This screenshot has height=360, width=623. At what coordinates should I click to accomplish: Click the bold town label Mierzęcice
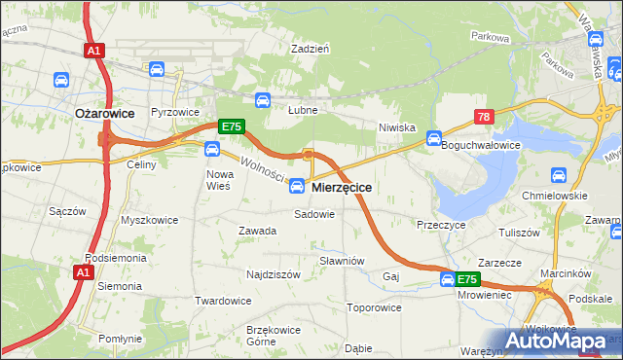340,187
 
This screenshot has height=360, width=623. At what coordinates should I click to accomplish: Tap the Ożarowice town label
105,113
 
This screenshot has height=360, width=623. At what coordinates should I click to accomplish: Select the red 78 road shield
484,117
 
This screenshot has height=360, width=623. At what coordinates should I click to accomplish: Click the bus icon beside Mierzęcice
298,186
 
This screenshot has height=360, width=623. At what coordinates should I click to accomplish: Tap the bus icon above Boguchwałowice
434,137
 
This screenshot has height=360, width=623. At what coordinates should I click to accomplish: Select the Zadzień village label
311,48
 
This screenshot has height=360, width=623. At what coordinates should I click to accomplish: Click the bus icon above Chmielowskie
559,175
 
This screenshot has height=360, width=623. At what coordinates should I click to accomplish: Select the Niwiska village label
397,127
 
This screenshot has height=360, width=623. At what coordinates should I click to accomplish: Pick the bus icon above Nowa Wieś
211,149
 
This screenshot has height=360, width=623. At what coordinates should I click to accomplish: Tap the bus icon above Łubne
262,99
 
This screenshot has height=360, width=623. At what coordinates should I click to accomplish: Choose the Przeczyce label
441,224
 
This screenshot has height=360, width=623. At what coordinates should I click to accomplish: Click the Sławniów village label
342,261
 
